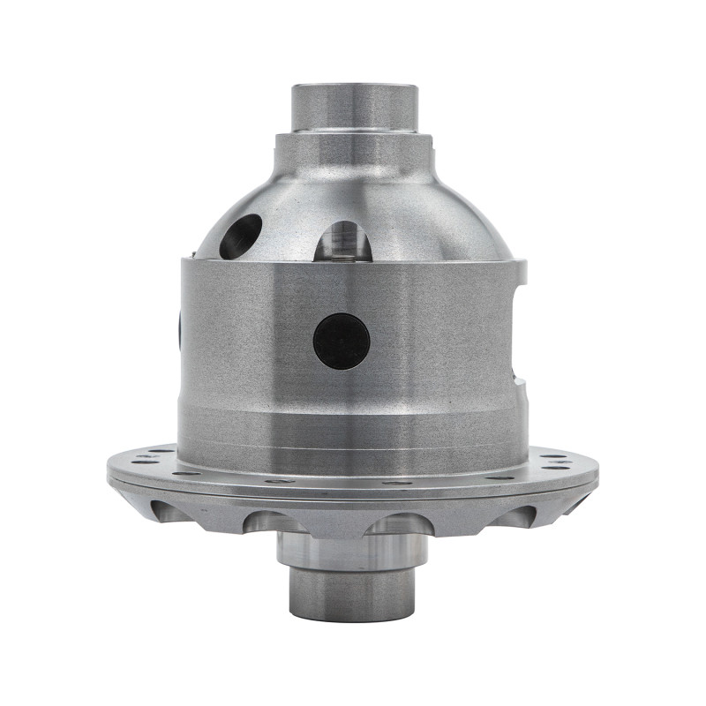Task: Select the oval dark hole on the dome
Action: pos(240,236)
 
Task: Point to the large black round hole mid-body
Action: pos(342,342)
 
